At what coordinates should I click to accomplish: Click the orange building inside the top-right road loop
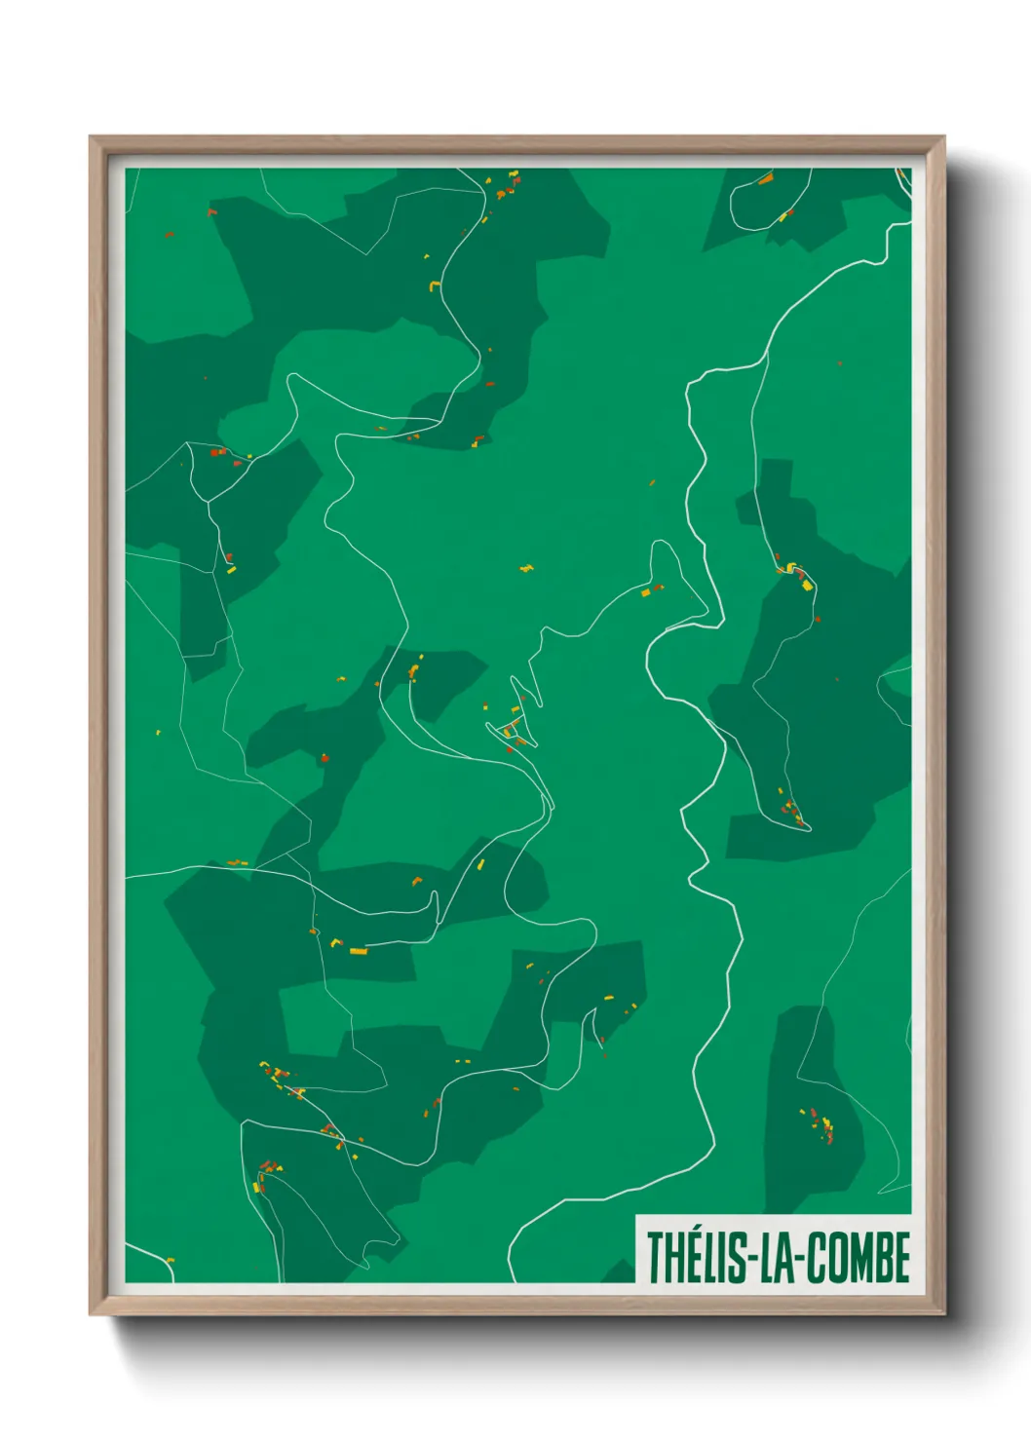tap(766, 178)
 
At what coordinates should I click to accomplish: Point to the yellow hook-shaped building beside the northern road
tap(435, 285)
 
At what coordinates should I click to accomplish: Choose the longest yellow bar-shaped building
tap(359, 950)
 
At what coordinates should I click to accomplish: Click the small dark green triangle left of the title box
tap(620, 1271)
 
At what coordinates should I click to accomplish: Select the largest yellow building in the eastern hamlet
tap(807, 585)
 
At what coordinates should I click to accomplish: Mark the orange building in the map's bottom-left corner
tap(170, 1261)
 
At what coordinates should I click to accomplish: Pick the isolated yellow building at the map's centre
tap(527, 567)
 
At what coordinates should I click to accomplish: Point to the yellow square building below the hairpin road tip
tap(645, 591)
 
